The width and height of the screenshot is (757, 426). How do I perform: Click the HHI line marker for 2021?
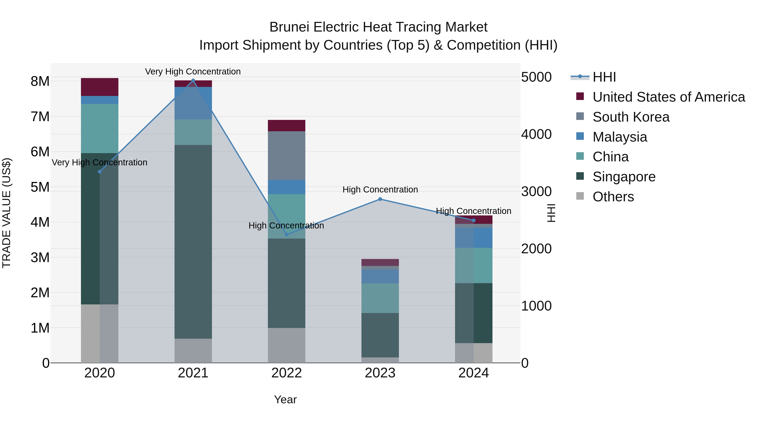pos(193,81)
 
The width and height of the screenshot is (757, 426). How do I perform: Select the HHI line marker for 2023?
pos(380,199)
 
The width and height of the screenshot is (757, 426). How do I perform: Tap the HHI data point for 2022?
pos(287,235)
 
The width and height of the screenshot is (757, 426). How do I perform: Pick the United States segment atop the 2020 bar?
pos(100,87)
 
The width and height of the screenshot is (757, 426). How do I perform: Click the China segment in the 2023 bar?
pos(380,298)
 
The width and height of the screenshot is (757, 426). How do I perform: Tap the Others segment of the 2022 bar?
pos(287,345)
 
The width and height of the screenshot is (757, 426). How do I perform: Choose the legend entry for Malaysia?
pos(619,137)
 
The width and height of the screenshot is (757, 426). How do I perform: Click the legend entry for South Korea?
pos(631,117)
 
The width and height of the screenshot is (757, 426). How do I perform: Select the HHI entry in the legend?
pos(604,77)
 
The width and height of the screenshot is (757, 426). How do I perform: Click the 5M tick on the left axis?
pos(40,187)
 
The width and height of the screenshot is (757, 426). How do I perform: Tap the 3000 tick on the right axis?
pos(536,191)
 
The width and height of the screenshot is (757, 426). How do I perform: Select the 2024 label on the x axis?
pos(473,373)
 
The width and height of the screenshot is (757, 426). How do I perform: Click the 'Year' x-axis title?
pos(285,399)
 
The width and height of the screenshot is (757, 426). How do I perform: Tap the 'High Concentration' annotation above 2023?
pos(380,190)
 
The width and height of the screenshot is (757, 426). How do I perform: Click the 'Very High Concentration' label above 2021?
pos(193,72)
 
